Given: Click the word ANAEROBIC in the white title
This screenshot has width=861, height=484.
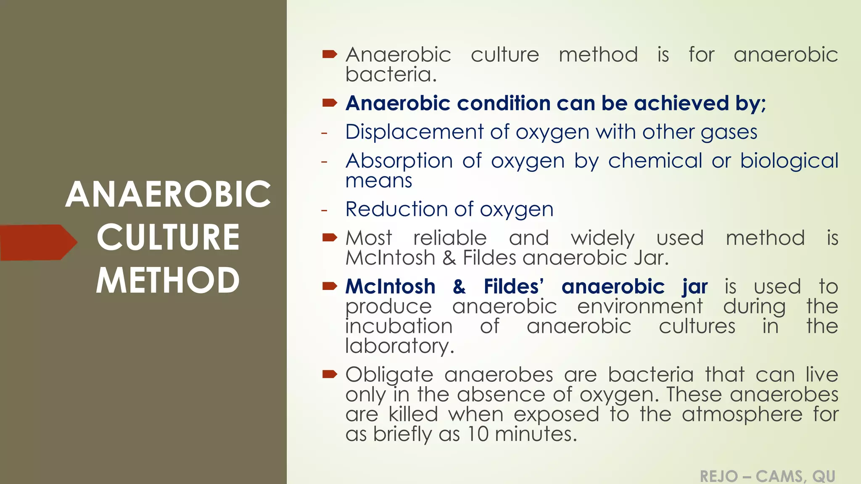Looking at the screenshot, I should coord(168,195).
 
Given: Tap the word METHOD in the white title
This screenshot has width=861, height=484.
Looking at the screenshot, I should coord(168,281).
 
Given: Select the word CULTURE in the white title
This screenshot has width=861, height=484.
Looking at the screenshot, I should coord(168,237).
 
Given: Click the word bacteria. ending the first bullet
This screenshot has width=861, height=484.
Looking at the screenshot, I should coord(391,75).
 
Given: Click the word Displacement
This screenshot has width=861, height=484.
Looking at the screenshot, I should coord(414,132).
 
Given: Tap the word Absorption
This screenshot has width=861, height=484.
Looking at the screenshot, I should coord(399,161).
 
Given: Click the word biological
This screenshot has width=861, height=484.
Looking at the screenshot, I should coord(789,161).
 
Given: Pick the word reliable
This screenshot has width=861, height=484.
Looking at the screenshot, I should coord(450,238).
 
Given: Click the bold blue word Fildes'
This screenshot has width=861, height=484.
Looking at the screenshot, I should coord(514,287).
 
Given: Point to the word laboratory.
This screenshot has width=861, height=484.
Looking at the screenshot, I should coord(399,346).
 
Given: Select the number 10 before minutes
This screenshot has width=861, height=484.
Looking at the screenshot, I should coord(478,434).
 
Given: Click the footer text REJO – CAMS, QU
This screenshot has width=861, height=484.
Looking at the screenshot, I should coord(767,476).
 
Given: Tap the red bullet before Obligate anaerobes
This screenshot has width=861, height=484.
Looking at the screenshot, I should coord(330,374).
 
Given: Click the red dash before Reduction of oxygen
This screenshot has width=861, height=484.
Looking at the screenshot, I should coord(324,210).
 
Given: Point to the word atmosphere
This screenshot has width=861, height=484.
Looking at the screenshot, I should coord(742,415).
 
